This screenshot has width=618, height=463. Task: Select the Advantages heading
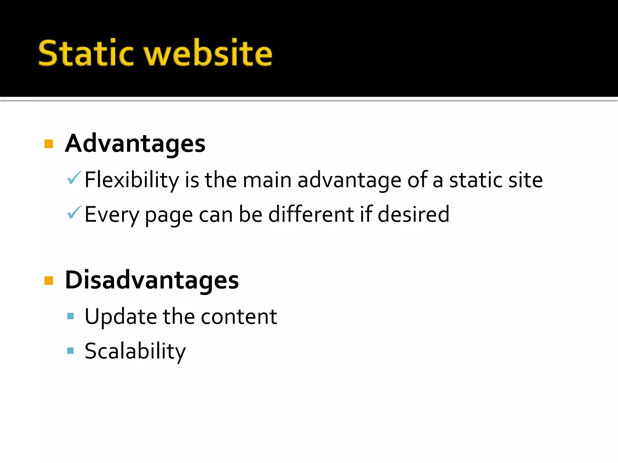point(135,143)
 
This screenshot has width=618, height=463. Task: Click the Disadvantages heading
point(152,280)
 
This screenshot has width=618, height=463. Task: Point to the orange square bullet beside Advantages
point(49,144)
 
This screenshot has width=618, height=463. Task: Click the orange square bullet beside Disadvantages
point(49,280)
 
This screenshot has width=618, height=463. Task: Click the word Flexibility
point(132,180)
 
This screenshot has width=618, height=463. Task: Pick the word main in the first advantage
point(267,180)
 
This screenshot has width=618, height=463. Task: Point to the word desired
point(413,214)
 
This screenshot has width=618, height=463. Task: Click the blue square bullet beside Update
point(71,316)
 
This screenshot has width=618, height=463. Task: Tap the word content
point(239,317)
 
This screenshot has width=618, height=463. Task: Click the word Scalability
point(135,351)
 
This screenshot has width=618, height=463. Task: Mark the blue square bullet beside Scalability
point(71,351)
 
